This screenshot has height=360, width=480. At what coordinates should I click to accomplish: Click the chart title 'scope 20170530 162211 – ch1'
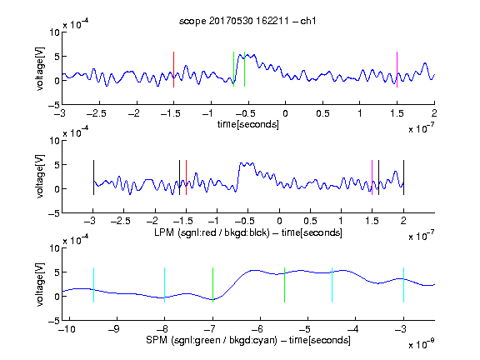coord(247,21)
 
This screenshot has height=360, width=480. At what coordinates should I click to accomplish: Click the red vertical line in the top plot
coord(173,69)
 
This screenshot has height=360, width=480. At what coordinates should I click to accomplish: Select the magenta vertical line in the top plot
coord(397,69)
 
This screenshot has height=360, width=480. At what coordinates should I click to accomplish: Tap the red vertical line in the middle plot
coord(186,177)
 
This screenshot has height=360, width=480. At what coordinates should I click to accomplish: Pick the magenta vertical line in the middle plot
coord(372,177)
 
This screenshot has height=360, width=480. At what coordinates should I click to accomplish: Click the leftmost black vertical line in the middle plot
coord(93,177)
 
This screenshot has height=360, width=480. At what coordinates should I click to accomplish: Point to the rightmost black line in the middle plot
coord(403,177)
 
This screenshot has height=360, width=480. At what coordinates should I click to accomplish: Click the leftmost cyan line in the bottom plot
coord(93,285)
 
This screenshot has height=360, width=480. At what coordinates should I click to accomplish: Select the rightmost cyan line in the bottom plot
coord(403,285)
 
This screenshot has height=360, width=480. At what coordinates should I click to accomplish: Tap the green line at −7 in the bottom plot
coord(212,285)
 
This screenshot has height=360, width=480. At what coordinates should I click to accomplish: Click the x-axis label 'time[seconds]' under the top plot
coord(248,124)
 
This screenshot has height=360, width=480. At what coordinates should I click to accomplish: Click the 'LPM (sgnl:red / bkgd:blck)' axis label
coord(212,232)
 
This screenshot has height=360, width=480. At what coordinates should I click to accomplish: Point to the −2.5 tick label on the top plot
coord(97,113)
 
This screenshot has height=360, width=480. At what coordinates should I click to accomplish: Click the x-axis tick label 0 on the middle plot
coord(279,221)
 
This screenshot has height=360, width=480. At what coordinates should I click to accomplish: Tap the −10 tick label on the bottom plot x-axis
coord(66,329)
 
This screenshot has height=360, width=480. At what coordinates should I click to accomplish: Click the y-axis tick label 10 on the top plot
coord(54,32)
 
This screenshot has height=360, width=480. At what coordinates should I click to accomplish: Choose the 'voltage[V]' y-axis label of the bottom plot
coord(40,285)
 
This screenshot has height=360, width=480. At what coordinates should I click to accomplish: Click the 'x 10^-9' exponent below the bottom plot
coord(421,344)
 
